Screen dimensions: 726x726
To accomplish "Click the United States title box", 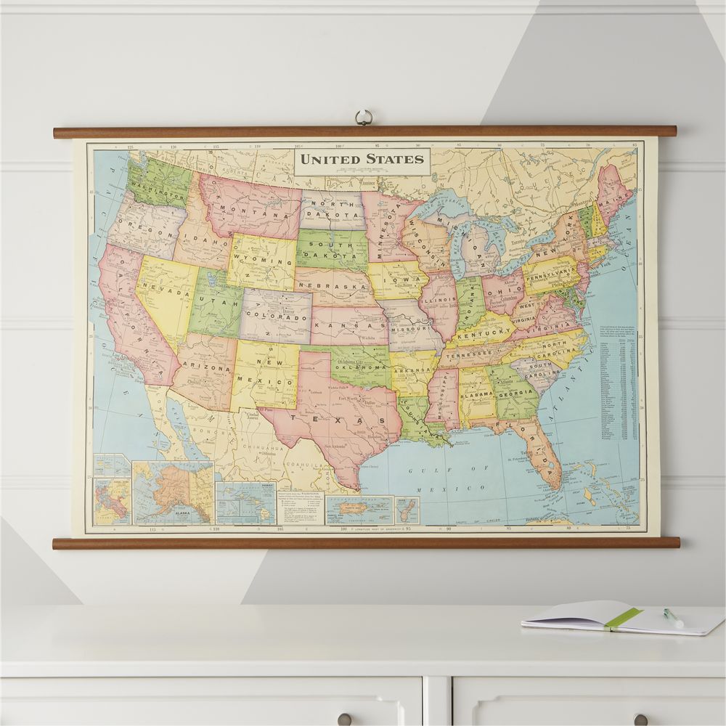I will tap(362, 159).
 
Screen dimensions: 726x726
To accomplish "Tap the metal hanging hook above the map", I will tap(363, 118).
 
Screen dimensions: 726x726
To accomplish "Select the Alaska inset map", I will tap(172, 493).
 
